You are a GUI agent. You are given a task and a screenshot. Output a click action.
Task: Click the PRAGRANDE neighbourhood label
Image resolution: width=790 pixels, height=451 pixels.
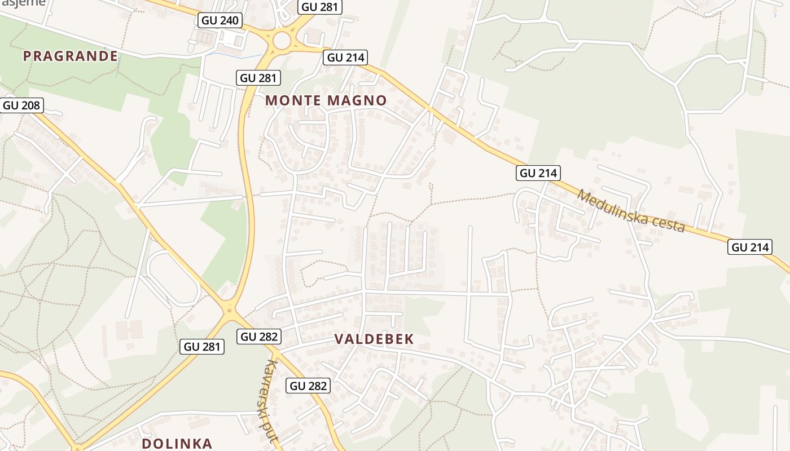71,56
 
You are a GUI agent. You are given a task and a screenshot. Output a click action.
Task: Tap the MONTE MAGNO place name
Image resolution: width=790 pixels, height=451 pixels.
326,101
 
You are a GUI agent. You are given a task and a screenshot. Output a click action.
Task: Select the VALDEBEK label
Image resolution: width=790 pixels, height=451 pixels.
374,339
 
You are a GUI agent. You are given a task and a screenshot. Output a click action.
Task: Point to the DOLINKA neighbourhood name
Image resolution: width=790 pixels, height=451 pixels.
177,444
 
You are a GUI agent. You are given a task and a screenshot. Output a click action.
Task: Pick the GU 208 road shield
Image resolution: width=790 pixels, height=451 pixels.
22,105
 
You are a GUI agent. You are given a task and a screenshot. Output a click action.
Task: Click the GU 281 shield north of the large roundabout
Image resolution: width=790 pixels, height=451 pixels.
320,7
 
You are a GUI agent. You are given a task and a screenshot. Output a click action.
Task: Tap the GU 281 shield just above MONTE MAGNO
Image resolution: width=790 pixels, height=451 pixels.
258,78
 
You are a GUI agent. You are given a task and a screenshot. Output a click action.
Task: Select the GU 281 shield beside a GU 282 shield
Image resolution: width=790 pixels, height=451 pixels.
203,347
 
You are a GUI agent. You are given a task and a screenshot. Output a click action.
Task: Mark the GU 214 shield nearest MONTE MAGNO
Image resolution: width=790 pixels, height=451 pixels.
345,58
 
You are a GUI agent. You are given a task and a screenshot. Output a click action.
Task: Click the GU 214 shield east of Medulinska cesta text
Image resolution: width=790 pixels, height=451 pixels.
750,247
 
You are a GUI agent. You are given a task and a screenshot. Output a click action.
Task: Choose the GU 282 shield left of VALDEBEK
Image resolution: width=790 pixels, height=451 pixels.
259,337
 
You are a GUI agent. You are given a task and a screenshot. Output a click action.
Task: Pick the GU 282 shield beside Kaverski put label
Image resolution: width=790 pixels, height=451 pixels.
308,386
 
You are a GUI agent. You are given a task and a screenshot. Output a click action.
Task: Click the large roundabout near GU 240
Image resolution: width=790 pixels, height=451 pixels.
282,41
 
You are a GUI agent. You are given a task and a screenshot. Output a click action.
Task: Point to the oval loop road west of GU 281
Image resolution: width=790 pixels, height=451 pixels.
173,278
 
